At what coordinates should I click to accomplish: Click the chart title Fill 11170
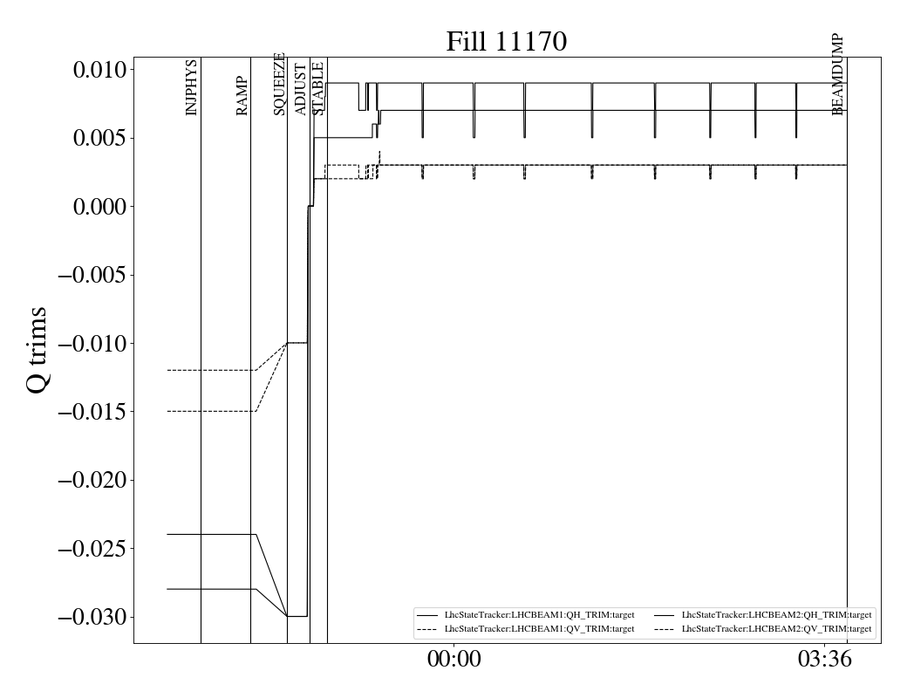506,42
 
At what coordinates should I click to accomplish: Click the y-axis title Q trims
38,350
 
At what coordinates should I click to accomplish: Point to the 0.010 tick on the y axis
99,70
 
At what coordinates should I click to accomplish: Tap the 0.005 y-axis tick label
99,138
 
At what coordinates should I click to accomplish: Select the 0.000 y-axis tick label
99,207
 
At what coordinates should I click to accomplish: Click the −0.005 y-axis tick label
92,275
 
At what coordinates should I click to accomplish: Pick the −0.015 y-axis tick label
92,412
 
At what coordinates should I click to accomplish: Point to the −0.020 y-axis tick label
92,481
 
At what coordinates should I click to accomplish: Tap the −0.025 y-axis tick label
92,549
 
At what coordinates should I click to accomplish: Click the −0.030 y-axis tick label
92,618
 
